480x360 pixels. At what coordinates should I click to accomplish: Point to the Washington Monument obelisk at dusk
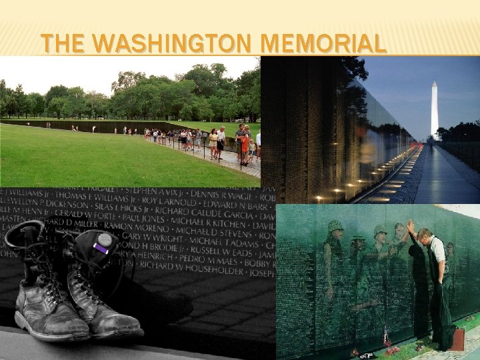pos(435,110)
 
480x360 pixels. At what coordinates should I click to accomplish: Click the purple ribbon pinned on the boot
pos(101,249)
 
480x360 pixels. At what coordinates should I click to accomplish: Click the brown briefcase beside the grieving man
pos(457,339)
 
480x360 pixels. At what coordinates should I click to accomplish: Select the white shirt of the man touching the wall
pos(437,250)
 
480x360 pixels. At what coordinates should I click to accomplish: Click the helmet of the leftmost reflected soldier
pos(335,227)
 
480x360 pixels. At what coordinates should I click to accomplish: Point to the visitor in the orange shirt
pos(245,143)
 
